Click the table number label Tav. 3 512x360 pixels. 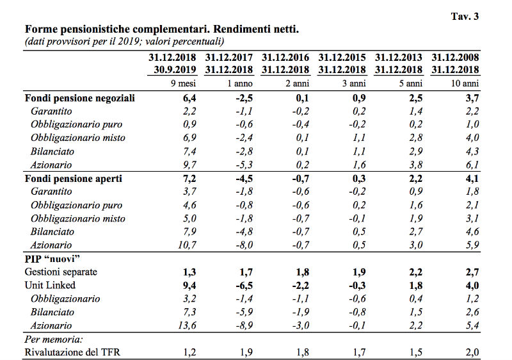coord(465,16)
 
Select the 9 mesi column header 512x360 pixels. coord(183,84)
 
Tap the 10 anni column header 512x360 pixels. coord(465,84)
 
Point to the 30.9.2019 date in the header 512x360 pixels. coord(175,70)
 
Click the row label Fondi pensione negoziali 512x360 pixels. coord(79,98)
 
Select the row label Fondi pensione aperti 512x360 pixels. coord(74,179)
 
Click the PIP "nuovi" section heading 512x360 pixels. coord(52,259)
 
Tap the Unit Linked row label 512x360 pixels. coord(50,285)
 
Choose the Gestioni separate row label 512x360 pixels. coord(61,272)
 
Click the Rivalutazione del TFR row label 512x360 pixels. coord(72,352)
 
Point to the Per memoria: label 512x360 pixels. coord(54,340)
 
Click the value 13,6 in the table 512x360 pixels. coord(187,325)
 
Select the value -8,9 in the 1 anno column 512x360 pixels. coord(244,325)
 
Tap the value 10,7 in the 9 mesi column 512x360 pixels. coord(187,245)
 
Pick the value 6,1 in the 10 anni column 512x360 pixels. coord(472,165)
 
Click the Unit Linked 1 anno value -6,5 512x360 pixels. coord(244,286)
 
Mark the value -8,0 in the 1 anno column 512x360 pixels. coord(244,245)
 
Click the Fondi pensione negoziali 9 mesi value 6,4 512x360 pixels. coord(189,98)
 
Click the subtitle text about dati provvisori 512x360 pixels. coord(124,42)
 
